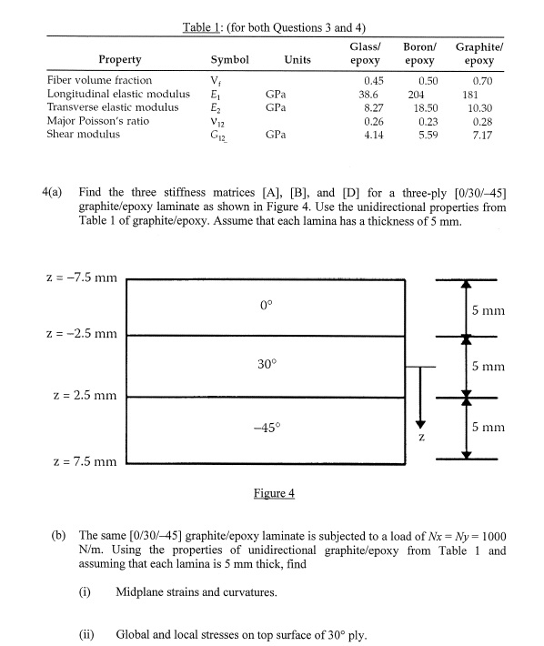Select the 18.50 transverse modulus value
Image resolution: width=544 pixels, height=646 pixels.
pyautogui.click(x=423, y=106)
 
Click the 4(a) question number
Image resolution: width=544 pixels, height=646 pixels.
pyautogui.click(x=55, y=193)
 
